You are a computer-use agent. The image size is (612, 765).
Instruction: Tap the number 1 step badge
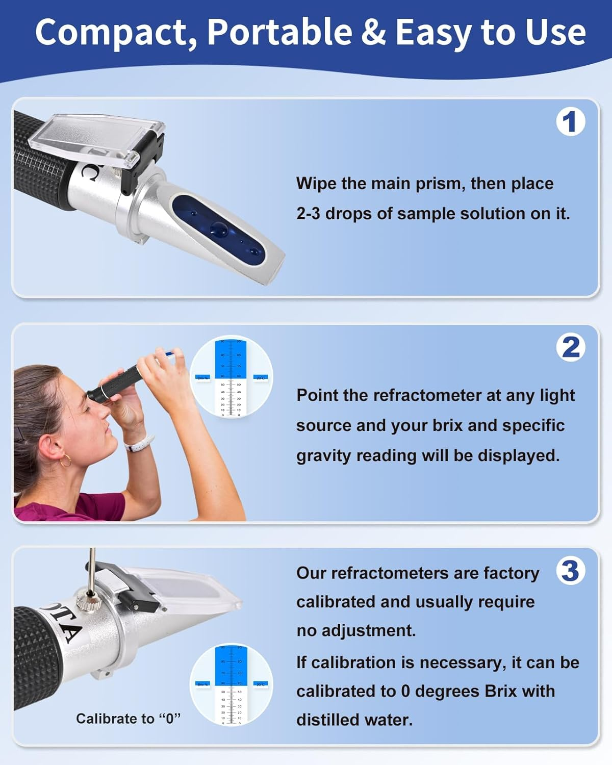(x=570, y=122)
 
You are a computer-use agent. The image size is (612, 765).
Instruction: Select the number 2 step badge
(x=570, y=348)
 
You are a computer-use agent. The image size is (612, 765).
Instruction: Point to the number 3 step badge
(x=570, y=571)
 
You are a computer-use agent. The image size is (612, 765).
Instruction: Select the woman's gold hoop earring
(x=65, y=461)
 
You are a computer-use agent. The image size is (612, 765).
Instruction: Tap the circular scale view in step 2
(x=232, y=378)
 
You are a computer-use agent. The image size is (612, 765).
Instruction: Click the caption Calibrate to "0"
(x=128, y=719)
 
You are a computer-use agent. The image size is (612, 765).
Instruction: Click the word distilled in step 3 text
(x=326, y=720)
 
